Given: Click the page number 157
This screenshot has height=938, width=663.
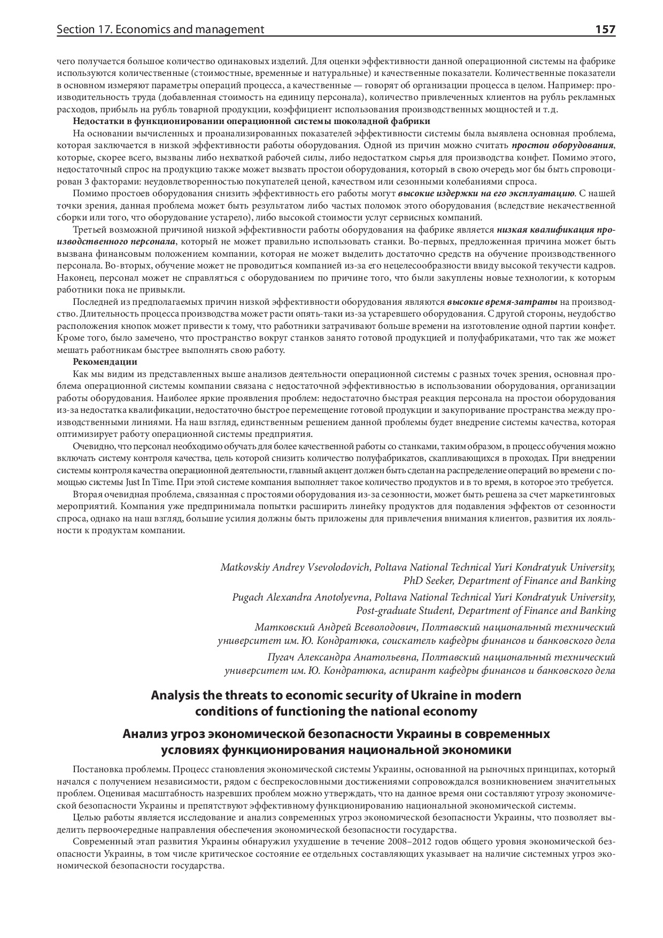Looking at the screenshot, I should [x=605, y=29].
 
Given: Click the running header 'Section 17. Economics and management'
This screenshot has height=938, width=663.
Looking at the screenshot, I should [x=160, y=29].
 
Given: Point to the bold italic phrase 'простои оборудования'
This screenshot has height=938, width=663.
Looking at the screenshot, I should [x=562, y=145].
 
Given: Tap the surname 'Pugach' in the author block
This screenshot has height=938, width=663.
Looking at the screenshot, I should [x=248, y=597].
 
